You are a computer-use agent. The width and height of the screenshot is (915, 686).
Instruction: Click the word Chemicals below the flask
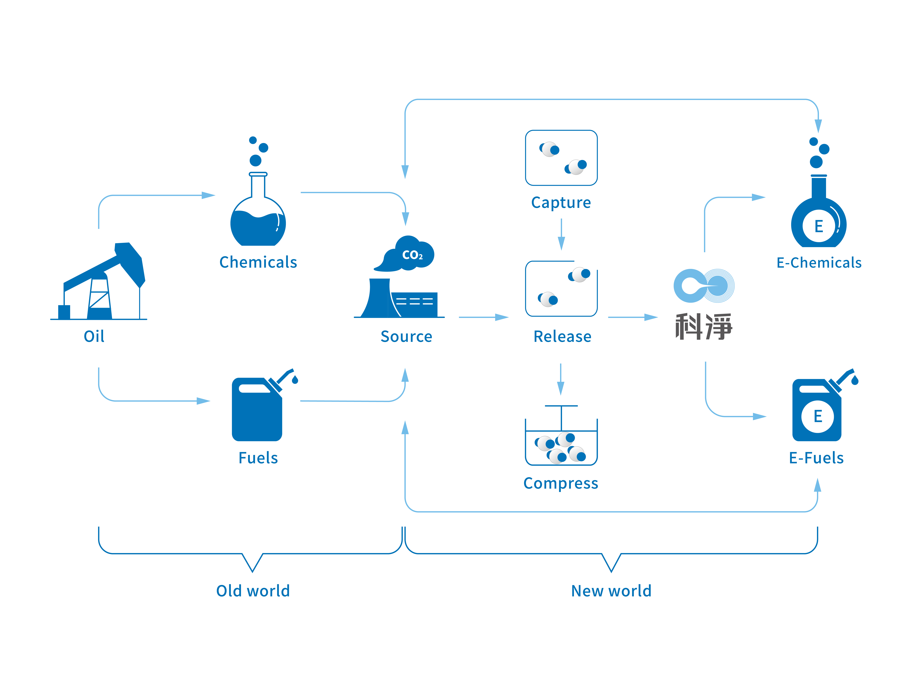pyautogui.click(x=258, y=262)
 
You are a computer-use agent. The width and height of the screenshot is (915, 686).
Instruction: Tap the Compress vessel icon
pyautogui.click(x=561, y=435)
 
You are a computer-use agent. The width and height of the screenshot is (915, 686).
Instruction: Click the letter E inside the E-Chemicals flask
pyautogui.click(x=819, y=226)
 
